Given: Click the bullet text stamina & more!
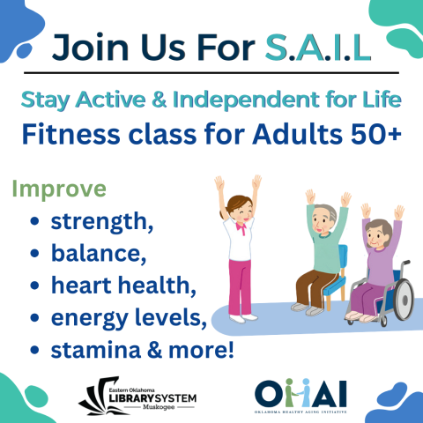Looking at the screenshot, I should click(142, 350).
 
